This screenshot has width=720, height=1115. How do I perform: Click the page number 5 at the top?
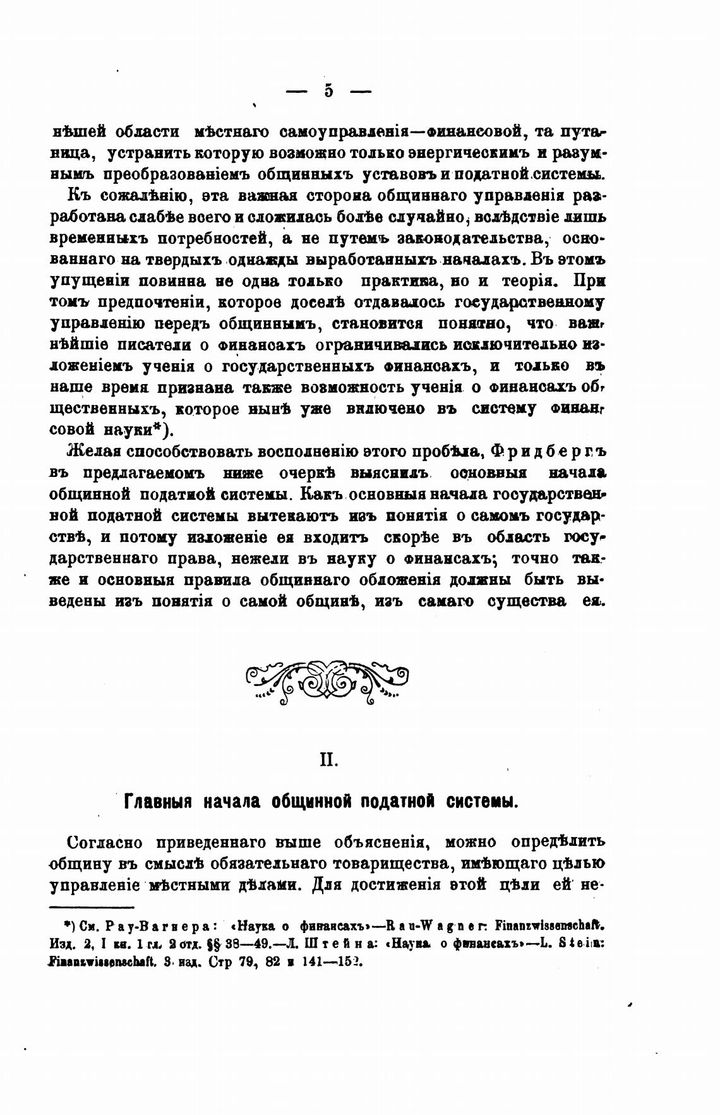click(328, 90)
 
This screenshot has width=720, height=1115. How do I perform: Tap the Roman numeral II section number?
click(328, 759)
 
